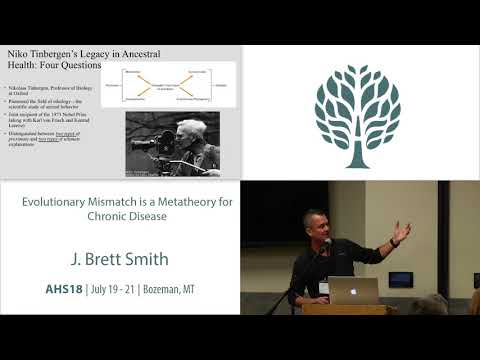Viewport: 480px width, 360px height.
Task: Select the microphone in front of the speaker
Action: [325, 246]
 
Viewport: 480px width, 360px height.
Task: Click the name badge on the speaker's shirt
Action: [323, 288]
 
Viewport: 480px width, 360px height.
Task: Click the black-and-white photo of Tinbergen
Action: [173, 143]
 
